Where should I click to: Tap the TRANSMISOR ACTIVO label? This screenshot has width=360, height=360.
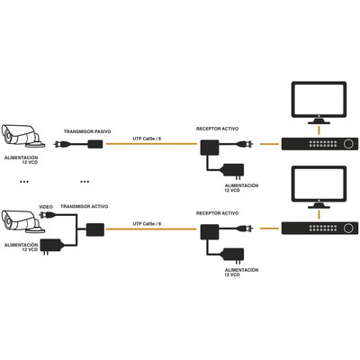pos(85,206)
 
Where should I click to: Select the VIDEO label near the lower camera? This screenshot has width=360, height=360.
pos(45,206)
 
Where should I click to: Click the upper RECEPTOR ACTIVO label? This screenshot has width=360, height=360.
pos(217,129)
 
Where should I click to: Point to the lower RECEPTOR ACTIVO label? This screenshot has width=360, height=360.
pos(217,213)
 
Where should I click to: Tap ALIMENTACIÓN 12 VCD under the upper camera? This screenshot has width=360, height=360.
pos(22,158)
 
